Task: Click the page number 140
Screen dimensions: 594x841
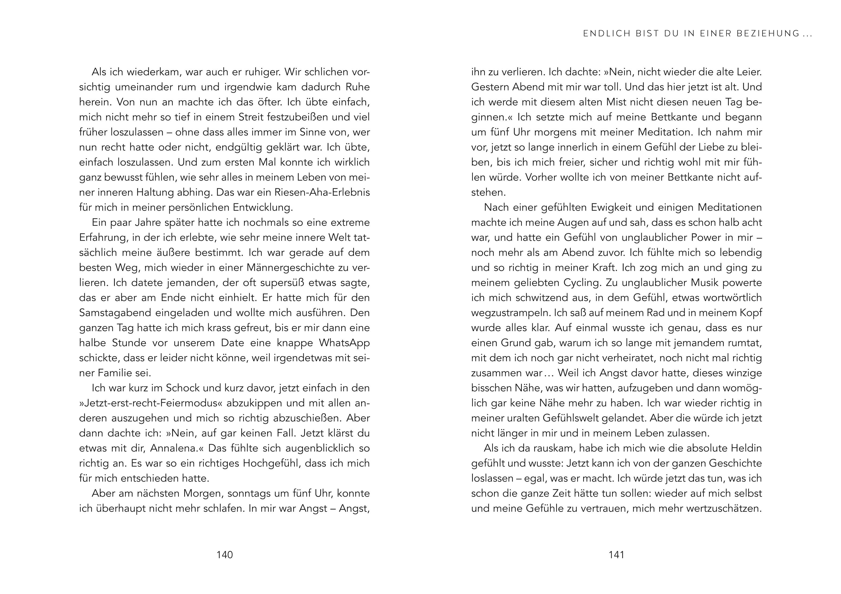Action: point(225,555)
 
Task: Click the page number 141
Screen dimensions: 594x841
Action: point(616,555)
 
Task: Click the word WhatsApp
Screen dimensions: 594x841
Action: point(344,343)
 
